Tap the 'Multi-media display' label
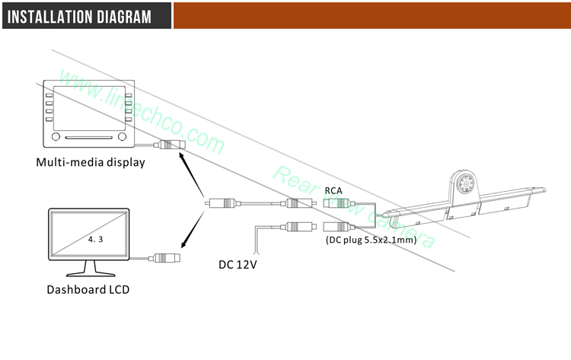point(91,162)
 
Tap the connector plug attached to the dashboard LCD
point(167,257)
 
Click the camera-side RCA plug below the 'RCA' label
point(336,204)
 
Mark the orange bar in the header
point(372,15)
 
